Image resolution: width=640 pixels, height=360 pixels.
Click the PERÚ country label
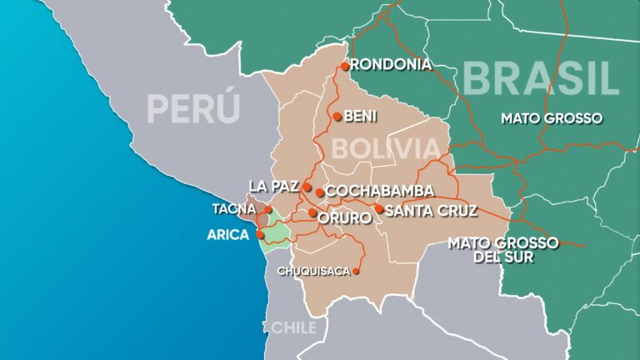click(x=193, y=107)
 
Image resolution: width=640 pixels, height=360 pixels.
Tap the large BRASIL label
click(x=542, y=78)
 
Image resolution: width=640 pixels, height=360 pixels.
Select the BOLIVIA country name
click(x=385, y=150)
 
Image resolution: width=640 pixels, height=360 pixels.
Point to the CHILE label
click(x=291, y=327)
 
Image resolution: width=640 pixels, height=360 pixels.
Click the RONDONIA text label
click(x=391, y=65)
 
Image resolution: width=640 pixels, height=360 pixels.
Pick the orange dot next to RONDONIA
click(x=344, y=65)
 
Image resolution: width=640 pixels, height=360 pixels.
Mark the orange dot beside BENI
click(x=336, y=117)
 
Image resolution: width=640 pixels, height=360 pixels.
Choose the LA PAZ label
click(x=274, y=185)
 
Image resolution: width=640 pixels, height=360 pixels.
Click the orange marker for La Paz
click(x=307, y=187)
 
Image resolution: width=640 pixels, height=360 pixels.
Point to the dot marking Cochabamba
click(x=320, y=192)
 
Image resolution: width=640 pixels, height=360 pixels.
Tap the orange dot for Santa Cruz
click(x=378, y=209)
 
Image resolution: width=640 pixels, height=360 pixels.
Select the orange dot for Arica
click(x=261, y=235)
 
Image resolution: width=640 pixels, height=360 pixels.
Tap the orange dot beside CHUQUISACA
click(x=356, y=271)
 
